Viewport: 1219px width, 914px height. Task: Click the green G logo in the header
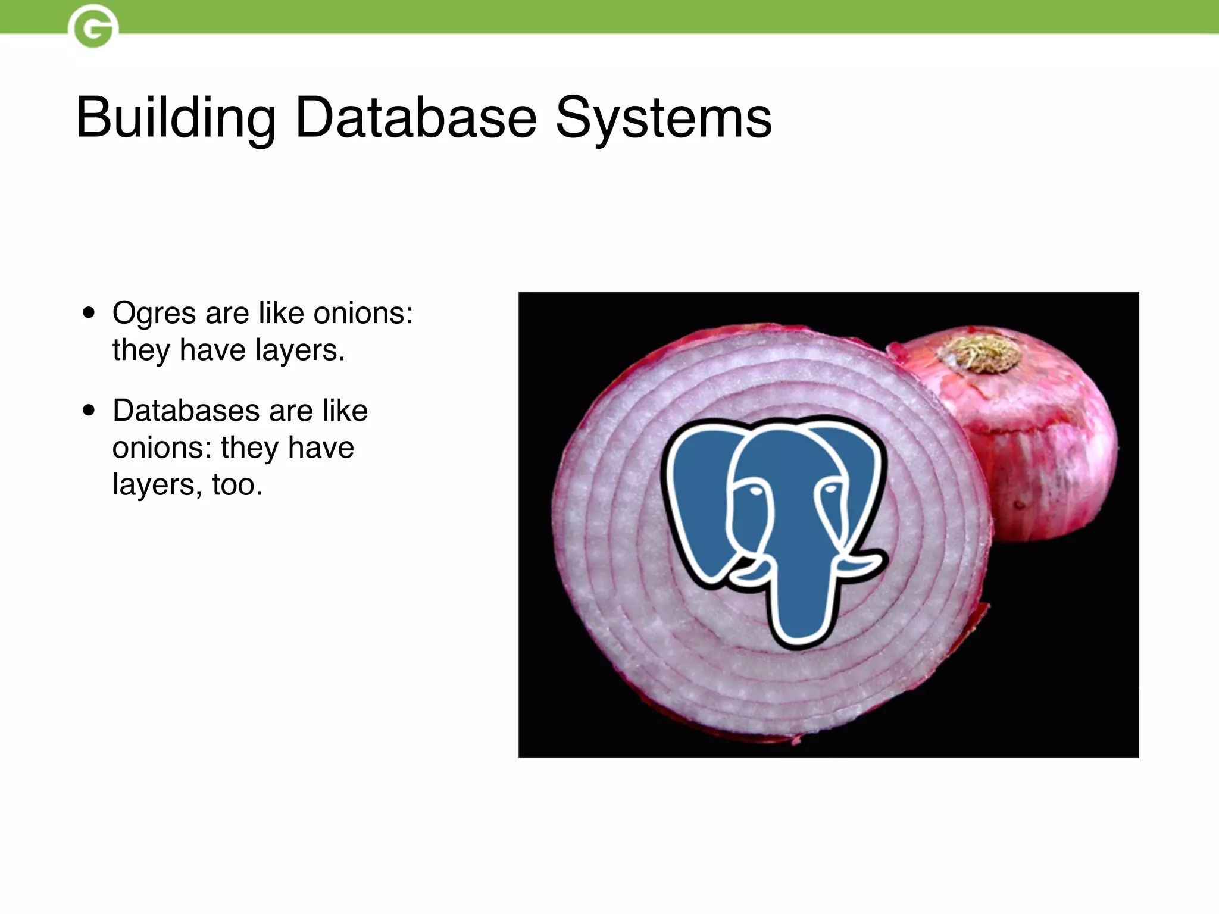(93, 26)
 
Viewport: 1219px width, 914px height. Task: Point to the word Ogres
(154, 314)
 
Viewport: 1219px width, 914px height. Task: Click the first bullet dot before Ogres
(89, 313)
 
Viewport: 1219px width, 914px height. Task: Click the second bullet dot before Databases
(89, 410)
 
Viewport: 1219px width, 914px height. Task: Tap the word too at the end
(237, 484)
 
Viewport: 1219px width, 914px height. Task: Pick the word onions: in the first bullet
(363, 313)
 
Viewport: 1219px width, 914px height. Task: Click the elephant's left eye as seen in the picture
(755, 491)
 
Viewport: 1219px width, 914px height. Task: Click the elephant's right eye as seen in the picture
(830, 489)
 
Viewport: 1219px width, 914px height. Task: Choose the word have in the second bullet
(321, 447)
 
